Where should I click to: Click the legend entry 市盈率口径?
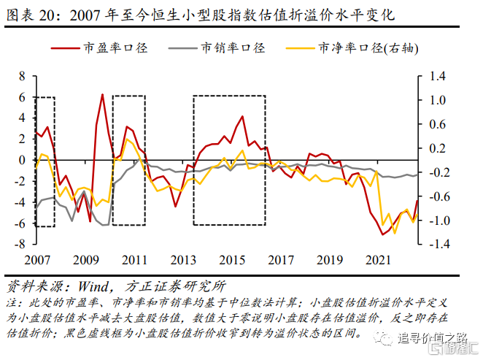[116, 47]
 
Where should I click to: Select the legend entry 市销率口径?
[233, 47]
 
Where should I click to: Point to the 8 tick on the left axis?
[22, 76]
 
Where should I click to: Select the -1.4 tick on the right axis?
[436, 245]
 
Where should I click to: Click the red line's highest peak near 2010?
[102, 94]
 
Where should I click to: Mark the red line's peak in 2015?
[242, 116]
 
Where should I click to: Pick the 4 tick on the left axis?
[22, 118]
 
